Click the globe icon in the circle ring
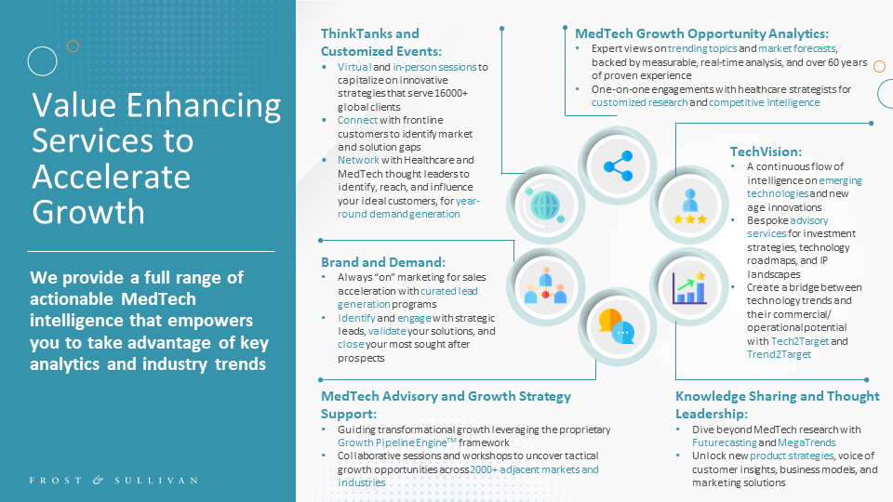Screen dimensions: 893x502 pos(544,205)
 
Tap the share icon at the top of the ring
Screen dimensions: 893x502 pos(618,166)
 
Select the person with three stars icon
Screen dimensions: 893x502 pos(689,206)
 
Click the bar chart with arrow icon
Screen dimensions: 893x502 pos(689,287)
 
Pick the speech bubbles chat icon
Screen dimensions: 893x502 pos(617,326)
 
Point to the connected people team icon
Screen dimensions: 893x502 pos(546,285)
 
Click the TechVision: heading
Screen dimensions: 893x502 pos(766,152)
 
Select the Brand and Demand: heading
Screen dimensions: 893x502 pos(383,262)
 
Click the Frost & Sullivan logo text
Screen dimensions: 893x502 pos(113,481)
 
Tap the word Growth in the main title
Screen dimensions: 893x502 pos(88,212)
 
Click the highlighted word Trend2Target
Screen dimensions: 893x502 pos(780,354)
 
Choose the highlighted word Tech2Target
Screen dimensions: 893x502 pos(800,341)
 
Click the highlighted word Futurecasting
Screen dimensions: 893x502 pos(725,443)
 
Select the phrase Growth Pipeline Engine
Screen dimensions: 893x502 pos(393,443)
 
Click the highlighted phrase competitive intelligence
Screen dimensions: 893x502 pos(765,102)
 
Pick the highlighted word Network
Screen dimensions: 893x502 pos(358,160)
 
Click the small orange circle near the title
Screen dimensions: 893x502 pos(73,46)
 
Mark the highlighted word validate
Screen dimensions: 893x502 pos(387,331)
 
